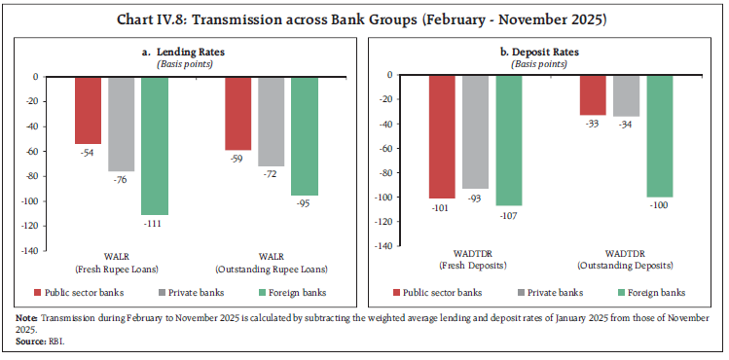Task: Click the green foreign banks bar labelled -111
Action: (154, 145)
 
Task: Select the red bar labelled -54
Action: (88, 110)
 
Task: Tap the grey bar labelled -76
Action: (121, 124)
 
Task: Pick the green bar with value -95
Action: (304, 135)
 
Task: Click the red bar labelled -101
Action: (442, 136)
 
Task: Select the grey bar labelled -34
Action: (626, 95)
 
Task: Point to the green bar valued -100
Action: (660, 135)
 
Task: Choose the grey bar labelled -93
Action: (475, 131)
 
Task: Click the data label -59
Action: (237, 159)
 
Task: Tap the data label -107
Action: (509, 214)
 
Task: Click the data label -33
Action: (593, 124)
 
